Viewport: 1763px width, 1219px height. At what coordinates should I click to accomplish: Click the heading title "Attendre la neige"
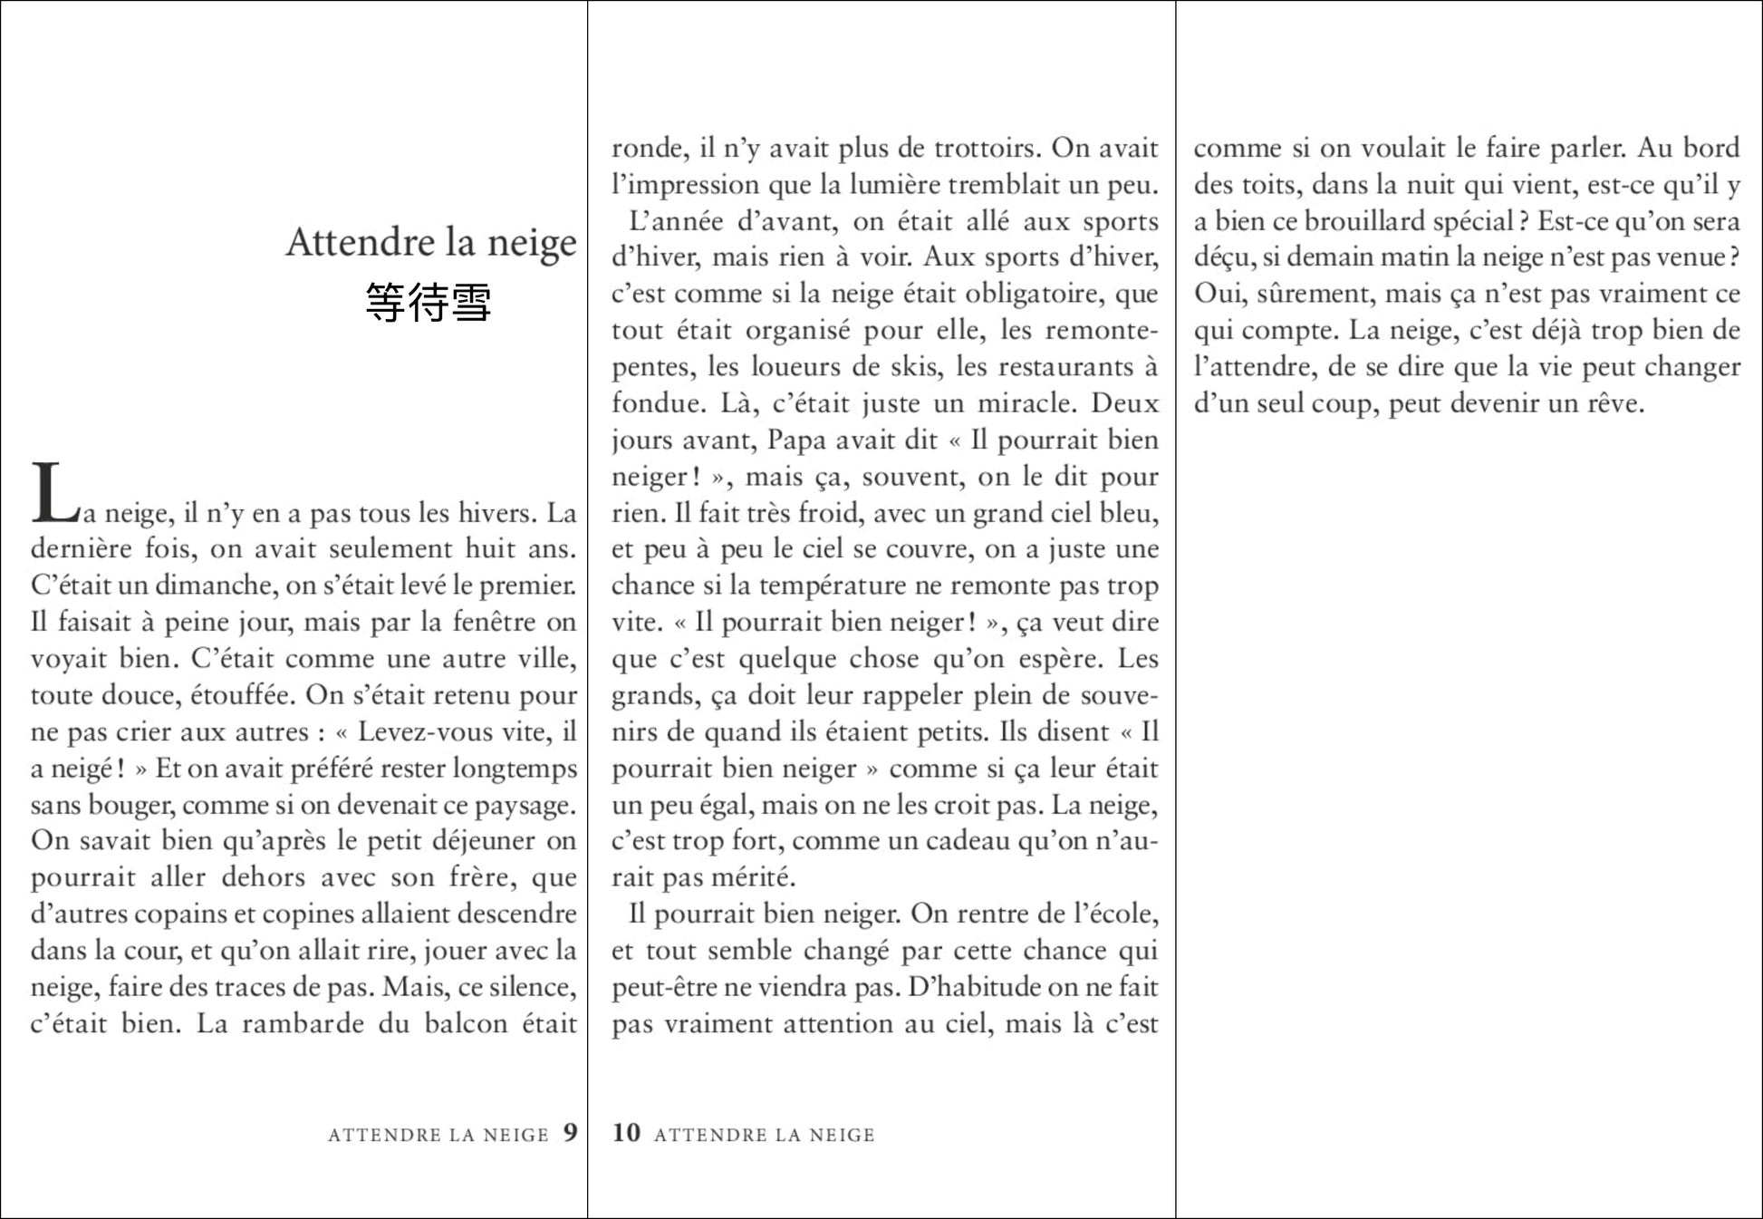coord(430,243)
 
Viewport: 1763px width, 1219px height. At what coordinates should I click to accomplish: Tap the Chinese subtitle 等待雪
coord(429,303)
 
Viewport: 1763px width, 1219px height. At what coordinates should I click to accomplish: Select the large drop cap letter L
coord(55,494)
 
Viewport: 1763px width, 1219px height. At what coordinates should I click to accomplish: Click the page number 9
coord(570,1133)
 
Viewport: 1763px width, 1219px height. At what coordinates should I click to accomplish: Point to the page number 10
coord(626,1133)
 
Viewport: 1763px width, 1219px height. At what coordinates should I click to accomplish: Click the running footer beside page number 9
coord(438,1135)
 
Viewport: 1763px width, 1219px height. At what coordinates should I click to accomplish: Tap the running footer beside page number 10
coord(765,1135)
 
